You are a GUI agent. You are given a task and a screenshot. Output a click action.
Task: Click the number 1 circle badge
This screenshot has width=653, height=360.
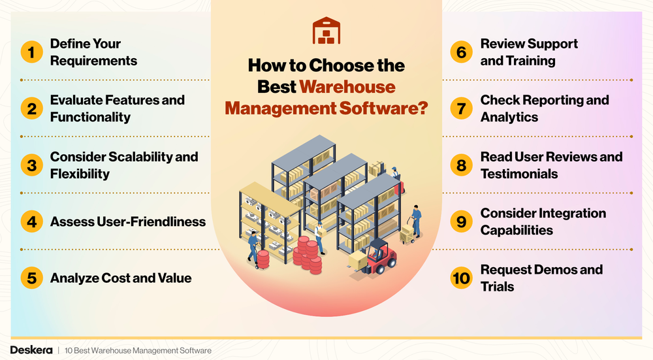click(x=31, y=52)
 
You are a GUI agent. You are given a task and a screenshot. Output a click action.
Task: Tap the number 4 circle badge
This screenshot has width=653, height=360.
click(x=31, y=221)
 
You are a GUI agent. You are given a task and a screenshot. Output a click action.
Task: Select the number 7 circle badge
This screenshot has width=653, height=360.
click(x=462, y=108)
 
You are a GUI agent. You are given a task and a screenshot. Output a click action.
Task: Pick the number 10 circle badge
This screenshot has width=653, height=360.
click(x=462, y=278)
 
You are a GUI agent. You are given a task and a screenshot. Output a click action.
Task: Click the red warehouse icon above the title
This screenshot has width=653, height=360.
click(x=326, y=31)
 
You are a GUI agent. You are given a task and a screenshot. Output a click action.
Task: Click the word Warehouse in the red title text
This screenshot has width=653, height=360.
click(x=347, y=86)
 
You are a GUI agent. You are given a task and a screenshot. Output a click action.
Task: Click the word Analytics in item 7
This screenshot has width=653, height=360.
click(x=509, y=118)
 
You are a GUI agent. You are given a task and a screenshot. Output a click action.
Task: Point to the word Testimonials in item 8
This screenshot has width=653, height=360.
click(x=519, y=174)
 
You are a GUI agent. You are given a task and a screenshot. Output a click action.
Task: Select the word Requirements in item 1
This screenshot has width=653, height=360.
click(x=93, y=61)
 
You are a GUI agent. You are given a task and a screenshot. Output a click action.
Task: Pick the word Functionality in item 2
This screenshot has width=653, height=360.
click(x=90, y=118)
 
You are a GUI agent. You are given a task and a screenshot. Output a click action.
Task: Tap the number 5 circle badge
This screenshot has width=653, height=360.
click(x=31, y=278)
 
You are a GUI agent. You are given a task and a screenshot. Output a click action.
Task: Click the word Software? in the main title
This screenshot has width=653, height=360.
click(x=389, y=107)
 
